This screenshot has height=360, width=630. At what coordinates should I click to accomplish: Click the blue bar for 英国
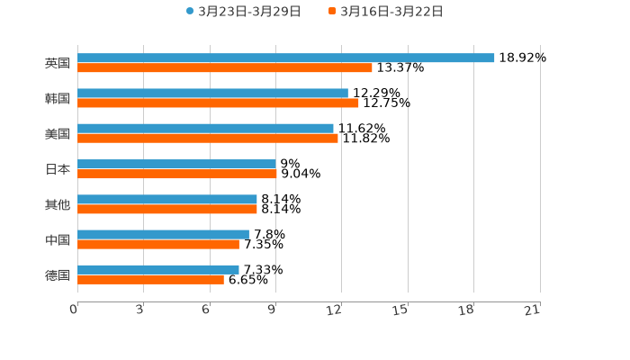coord(286,58)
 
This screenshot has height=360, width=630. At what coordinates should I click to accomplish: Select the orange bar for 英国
coord(225,67)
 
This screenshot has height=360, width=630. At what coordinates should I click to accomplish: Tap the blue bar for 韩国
coord(212,94)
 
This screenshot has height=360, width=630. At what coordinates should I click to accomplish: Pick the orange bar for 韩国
coord(218,103)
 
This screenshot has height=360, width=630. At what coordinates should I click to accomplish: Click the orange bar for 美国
coord(208,139)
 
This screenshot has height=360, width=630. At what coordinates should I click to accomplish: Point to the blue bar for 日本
coord(176,164)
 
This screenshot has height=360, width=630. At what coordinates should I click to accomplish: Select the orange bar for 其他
coord(167,209)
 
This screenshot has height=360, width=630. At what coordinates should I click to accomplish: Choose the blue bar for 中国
coord(163,234)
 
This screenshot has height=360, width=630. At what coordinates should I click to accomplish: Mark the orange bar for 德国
coord(150,280)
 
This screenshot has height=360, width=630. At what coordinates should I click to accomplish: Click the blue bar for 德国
coord(158,269)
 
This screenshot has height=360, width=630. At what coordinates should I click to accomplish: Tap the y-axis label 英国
coord(58,63)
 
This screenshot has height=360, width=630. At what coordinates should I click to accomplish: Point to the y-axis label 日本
coord(58,169)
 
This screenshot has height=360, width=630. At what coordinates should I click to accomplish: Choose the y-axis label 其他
coord(58,204)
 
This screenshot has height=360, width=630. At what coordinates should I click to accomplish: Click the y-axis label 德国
coord(58,274)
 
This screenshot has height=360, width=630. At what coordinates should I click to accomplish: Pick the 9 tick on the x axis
coord(273,310)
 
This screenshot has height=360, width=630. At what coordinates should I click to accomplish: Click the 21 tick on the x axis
coord(533,310)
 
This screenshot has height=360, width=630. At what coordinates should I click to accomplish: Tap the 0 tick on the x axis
coord(75,310)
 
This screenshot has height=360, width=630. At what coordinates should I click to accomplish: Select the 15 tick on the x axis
coord(401,310)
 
